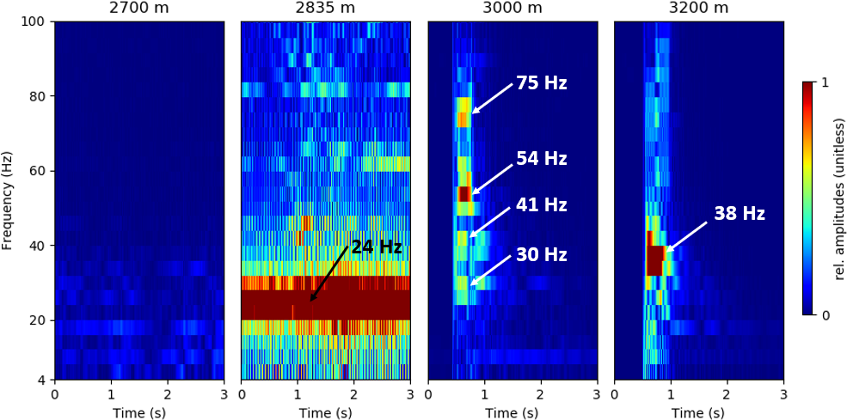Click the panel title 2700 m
(x=139, y=9)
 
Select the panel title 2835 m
(x=325, y=9)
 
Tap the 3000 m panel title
(x=512, y=9)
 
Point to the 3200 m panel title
(x=698, y=9)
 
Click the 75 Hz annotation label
(x=541, y=83)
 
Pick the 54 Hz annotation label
(x=541, y=159)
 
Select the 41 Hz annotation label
(x=541, y=205)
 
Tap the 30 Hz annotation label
(x=541, y=255)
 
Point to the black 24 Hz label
(x=377, y=247)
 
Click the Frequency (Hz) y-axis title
(x=8, y=200)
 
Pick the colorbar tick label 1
(x=826, y=82)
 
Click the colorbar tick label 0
(x=826, y=315)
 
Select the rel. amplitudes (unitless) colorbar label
(x=840, y=199)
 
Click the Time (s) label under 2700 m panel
(x=139, y=413)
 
